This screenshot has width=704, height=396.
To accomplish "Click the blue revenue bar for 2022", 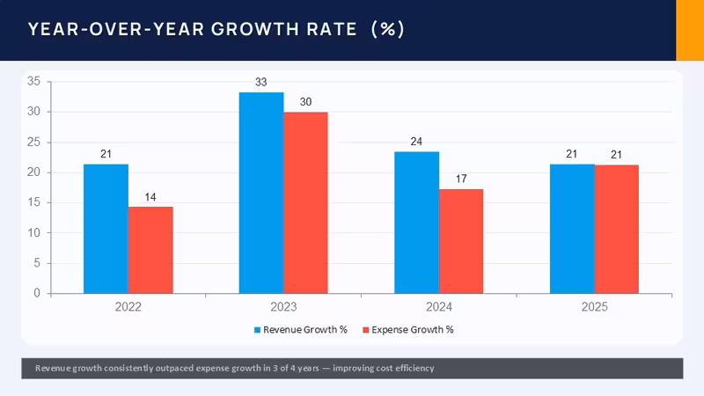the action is pyautogui.click(x=106, y=229).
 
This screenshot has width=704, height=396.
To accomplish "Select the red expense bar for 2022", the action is pyautogui.click(x=150, y=250).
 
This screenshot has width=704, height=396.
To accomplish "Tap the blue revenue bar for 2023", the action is pyautogui.click(x=261, y=193).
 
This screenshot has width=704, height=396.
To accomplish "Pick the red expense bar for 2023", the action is pyautogui.click(x=305, y=203).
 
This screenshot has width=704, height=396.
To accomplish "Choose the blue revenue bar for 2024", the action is pyautogui.click(x=416, y=223).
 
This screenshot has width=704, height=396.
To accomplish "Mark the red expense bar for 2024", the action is pyautogui.click(x=461, y=241).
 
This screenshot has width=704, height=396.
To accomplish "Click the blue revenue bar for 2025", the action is pyautogui.click(x=573, y=229).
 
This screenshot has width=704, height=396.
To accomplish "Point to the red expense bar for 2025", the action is pyautogui.click(x=617, y=230).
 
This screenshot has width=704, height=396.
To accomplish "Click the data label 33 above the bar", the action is pyautogui.click(x=260, y=82).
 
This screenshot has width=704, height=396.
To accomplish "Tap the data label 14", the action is pyautogui.click(x=150, y=197).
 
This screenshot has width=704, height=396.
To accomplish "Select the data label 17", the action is pyautogui.click(x=461, y=180).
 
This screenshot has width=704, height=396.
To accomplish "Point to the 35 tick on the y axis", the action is pyautogui.click(x=33, y=81).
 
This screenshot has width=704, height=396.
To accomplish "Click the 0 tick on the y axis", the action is pyautogui.click(x=37, y=293).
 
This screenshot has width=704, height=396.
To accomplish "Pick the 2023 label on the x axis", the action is pyautogui.click(x=283, y=307).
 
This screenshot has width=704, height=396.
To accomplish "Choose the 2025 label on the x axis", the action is pyautogui.click(x=595, y=307).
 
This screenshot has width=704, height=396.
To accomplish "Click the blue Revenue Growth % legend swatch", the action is pyautogui.click(x=257, y=330).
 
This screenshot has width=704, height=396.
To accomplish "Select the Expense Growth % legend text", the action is pyautogui.click(x=413, y=330).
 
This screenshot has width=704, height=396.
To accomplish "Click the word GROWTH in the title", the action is pyautogui.click(x=255, y=30).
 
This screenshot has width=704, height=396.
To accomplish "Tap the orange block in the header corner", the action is pyautogui.click(x=690, y=30).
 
